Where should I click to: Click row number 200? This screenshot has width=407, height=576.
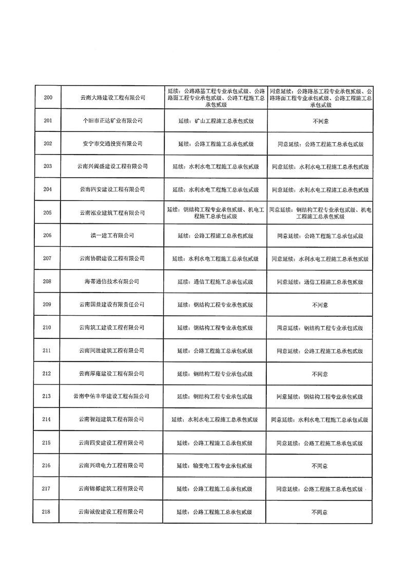pyautogui.click(x=48, y=98)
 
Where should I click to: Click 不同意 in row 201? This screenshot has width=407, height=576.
pyautogui.click(x=320, y=121)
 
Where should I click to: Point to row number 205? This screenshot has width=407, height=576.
pyautogui.click(x=48, y=213)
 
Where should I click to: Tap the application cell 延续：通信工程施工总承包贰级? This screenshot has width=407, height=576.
pyautogui.click(x=215, y=281)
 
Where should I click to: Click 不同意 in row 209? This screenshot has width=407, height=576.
pyautogui.click(x=320, y=304)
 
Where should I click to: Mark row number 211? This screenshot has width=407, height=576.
pyautogui.click(x=48, y=351)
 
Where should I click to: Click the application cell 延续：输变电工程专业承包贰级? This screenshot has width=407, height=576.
pyautogui.click(x=215, y=466)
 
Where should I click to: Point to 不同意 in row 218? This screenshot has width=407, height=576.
pyautogui.click(x=320, y=512)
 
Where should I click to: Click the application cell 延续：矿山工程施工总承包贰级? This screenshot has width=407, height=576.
pyautogui.click(x=215, y=121)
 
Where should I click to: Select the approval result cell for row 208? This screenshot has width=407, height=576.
pyautogui.click(x=320, y=281)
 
